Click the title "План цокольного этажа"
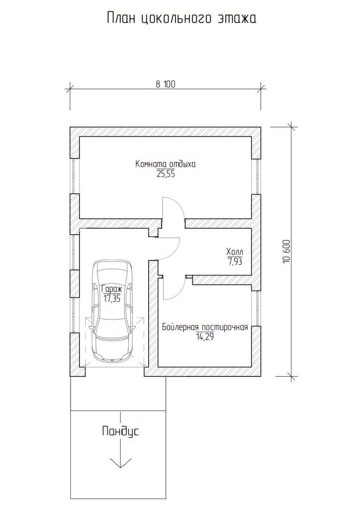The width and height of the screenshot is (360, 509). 181,18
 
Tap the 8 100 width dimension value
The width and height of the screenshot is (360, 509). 165,85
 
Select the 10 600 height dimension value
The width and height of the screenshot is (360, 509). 286,251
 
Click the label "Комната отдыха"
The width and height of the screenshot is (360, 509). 166,164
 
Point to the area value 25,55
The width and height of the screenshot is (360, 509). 166,174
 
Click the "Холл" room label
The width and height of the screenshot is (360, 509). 234,252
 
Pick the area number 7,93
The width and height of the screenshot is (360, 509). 235,261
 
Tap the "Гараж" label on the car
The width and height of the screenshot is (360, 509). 112,289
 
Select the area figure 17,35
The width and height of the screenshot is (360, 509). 112,299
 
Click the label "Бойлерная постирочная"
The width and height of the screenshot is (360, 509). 205,327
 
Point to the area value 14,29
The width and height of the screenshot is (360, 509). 205,337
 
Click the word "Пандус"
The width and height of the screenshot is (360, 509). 120,432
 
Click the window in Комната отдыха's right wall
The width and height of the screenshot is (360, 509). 257,177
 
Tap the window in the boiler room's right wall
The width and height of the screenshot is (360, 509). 257,308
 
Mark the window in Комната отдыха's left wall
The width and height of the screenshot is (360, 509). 75,176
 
